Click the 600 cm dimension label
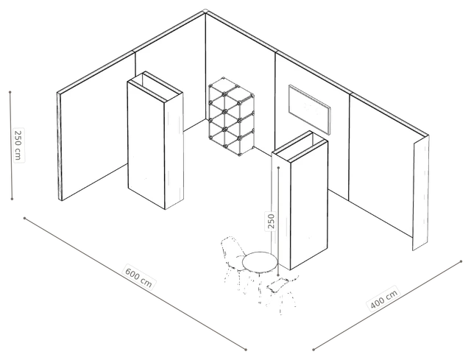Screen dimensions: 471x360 point(138,277)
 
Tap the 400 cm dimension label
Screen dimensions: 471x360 point(383,298)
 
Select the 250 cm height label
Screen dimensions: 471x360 point(18,145)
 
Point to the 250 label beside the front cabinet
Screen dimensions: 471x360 point(271,221)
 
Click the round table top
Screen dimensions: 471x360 point(260,262)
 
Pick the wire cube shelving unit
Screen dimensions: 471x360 point(232,116)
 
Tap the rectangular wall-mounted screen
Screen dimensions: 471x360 point(309,110)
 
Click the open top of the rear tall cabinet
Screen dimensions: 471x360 point(155,85)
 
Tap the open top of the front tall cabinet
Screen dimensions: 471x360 point(300,147)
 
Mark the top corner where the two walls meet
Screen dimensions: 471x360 point(205,12)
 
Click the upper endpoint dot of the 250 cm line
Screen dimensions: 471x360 point(10,92)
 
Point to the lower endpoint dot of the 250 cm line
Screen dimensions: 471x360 point(12,199)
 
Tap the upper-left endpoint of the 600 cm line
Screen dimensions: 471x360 point(24,218)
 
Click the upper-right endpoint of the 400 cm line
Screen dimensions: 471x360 point(461,261)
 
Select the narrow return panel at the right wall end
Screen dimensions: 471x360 point(420,193)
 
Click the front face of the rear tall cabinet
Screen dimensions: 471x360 point(146,145)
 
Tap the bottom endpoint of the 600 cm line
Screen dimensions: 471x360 point(246,350)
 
